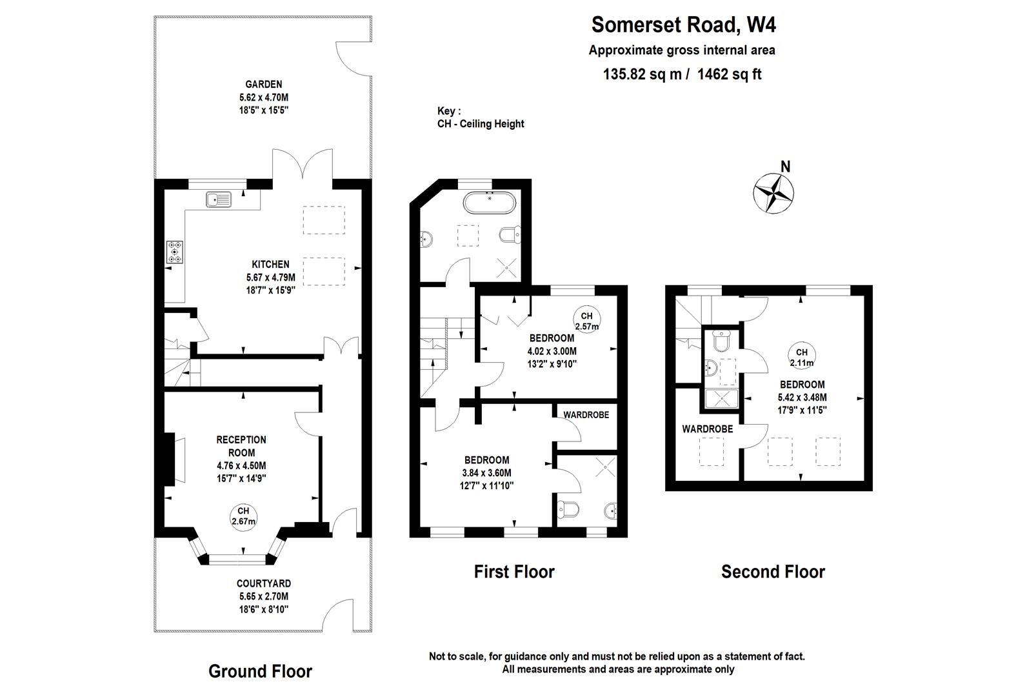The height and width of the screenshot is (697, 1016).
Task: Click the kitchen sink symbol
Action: tap(219, 199)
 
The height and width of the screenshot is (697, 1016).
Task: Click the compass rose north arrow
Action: tap(774, 191)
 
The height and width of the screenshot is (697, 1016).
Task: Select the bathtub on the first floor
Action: tap(489, 203)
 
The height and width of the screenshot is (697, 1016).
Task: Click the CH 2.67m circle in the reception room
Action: tap(243, 516)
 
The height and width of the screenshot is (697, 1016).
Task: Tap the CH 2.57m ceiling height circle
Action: tap(586, 321)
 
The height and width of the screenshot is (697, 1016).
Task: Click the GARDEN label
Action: tap(263, 85)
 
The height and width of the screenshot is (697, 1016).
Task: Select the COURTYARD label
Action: tap(263, 583)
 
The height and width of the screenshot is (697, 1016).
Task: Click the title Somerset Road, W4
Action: tap(683, 25)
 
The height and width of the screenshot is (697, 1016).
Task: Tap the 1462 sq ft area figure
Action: tap(730, 74)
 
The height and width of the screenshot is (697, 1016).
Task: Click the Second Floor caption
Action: tap(773, 572)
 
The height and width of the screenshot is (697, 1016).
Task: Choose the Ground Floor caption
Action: tap(260, 671)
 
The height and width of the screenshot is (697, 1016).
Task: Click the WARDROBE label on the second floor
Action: tap(708, 429)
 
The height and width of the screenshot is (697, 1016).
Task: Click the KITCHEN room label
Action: tap(270, 264)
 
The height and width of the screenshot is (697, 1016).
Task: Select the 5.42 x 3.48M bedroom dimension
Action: tap(802, 398)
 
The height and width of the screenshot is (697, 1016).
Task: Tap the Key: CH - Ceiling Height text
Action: tap(480, 117)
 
